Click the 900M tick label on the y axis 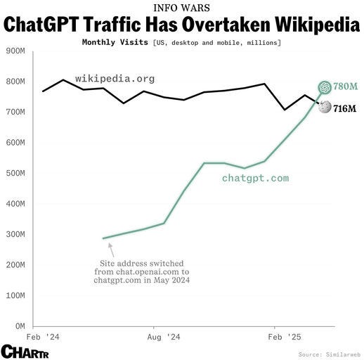(15, 51)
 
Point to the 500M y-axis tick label (15, 173)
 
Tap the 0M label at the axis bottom (19, 326)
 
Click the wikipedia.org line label (115, 78)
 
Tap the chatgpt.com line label (255, 178)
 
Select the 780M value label (345, 86)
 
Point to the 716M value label (345, 108)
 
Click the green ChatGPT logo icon (325, 86)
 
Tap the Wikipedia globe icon (325, 108)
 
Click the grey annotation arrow (111, 250)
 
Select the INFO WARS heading (181, 8)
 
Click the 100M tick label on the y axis (15, 295)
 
